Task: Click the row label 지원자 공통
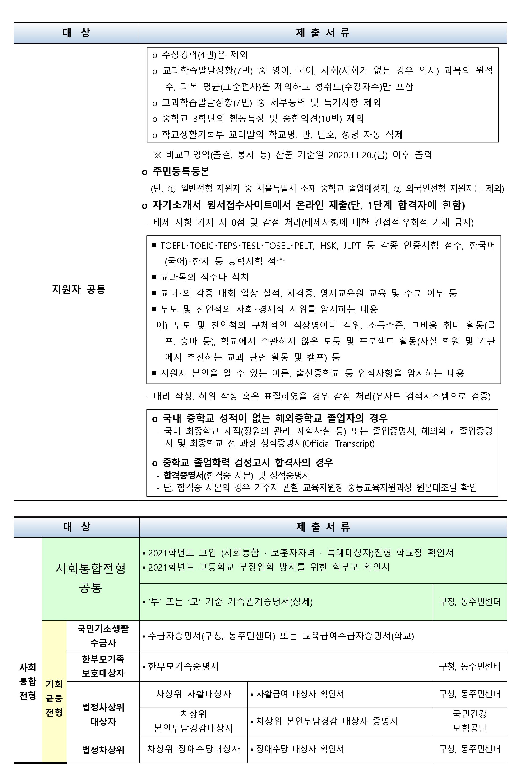(x=79, y=289)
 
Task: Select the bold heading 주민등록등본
(x=181, y=171)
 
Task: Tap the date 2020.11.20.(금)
(x=358, y=155)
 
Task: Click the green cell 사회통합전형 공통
(x=91, y=578)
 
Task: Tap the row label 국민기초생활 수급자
(x=103, y=636)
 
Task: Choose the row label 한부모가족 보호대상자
(x=103, y=666)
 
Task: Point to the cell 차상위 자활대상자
(x=193, y=694)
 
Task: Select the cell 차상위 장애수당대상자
(x=193, y=749)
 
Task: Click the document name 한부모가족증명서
(x=183, y=666)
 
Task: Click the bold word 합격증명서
(x=184, y=475)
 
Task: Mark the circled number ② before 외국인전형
(x=398, y=189)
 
